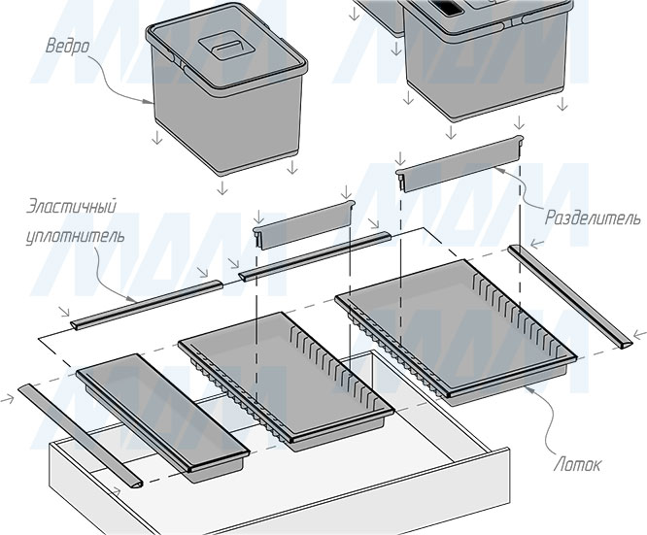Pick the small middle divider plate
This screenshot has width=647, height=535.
point(303,226)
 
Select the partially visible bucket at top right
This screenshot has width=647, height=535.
point(486,49)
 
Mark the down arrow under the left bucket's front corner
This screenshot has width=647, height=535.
point(222,186)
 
